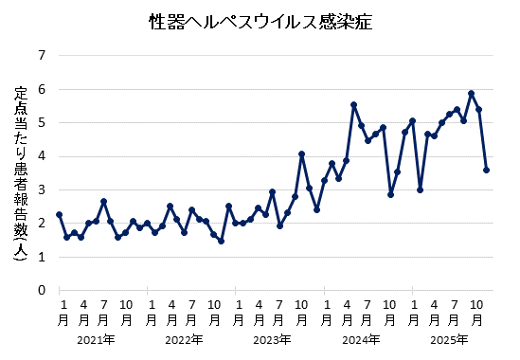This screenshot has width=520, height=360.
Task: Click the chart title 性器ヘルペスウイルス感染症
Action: click(260, 21)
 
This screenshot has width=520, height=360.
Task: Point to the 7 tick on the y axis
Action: click(41, 56)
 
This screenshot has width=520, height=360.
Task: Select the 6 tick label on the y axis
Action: click(41, 89)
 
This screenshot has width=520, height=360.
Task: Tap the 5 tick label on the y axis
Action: click(41, 122)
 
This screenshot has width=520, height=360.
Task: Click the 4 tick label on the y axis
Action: click(41, 156)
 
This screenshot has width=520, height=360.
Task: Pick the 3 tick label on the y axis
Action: click(41, 189)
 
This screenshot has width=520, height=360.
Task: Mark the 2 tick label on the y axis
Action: click(41, 224)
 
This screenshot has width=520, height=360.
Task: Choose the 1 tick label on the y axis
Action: click(41, 257)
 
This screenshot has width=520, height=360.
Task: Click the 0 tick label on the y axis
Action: click(41, 290)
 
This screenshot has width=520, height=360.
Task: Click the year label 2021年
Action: click(96, 339)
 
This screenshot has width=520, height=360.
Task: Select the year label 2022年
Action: click(183, 339)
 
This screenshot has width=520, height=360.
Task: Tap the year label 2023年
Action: click(272, 339)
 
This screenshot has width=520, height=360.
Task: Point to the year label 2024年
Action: click(360, 339)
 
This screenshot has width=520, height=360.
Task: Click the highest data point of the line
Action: click(471, 93)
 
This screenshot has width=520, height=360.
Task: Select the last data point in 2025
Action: click(486, 171)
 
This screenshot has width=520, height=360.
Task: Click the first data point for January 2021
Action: click(59, 214)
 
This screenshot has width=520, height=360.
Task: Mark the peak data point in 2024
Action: click(353, 105)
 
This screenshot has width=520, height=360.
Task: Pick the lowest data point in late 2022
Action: click(221, 241)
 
